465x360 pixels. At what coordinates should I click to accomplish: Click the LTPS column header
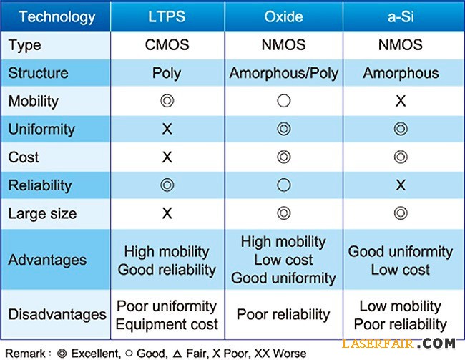click(x=167, y=16)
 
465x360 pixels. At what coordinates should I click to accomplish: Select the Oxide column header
click(x=284, y=16)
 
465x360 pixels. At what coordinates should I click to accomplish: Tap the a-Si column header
click(x=401, y=16)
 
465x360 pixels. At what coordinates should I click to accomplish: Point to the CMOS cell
click(x=167, y=45)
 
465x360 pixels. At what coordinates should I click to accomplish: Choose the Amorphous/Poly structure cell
click(x=284, y=73)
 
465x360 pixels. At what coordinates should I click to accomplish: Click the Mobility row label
click(x=34, y=101)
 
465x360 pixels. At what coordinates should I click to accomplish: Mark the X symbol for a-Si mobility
click(x=401, y=101)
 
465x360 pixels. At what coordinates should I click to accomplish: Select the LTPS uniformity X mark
click(x=167, y=130)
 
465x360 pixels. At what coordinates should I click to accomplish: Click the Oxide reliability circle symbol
click(x=284, y=185)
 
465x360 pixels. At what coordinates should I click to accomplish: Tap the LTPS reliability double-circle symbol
click(x=167, y=185)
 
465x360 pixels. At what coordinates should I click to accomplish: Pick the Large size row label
click(x=42, y=213)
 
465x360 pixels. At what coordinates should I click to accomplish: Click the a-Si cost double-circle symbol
click(x=401, y=157)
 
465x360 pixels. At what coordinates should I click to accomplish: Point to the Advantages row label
click(x=47, y=260)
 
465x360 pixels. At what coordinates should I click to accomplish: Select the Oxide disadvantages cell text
click(x=284, y=314)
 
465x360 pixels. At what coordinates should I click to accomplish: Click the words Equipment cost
click(x=167, y=323)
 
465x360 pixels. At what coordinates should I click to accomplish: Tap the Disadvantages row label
click(x=57, y=314)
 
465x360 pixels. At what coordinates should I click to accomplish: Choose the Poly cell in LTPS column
click(x=167, y=73)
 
